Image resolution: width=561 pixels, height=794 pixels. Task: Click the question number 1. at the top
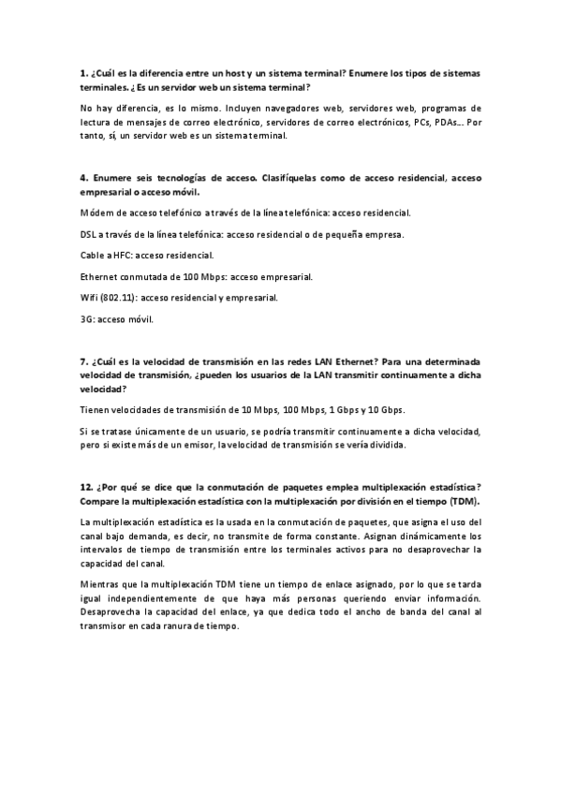click(84, 73)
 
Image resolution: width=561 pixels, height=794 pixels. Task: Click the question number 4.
click(84, 177)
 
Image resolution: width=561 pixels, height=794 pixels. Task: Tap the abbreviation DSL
click(90, 234)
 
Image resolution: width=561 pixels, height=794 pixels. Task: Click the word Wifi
click(90, 299)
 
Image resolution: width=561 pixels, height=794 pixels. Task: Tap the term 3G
click(88, 320)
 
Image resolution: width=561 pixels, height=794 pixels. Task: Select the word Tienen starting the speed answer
click(96, 410)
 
